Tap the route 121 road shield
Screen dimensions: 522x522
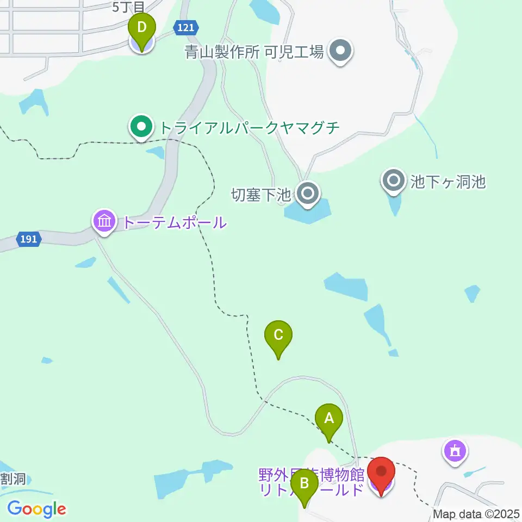click(185, 27)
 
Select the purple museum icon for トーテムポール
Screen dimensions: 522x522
click(104, 222)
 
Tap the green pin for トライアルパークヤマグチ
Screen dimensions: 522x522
click(141, 128)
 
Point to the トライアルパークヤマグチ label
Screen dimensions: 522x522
click(249, 128)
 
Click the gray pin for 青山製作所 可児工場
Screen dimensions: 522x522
click(340, 51)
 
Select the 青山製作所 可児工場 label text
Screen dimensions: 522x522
click(254, 52)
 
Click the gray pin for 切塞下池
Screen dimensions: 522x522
click(308, 193)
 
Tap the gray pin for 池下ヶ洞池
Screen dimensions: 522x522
click(393, 180)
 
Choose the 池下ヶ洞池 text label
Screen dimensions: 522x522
click(448, 181)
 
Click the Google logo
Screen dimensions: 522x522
click(36, 509)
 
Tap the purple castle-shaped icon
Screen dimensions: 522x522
click(455, 450)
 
